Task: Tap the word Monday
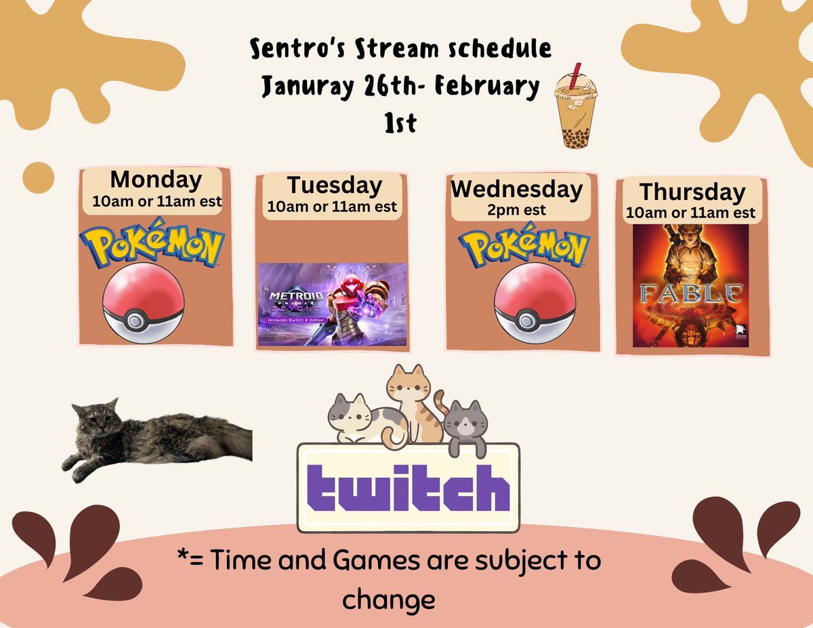pos(156,180)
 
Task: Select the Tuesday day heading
pos(334,185)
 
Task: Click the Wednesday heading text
pos(516,189)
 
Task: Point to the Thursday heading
pos(692,192)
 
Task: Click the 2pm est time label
pos(516,210)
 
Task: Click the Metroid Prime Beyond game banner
pos(332,304)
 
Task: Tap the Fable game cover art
pos(690,286)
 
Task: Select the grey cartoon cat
pos(466,424)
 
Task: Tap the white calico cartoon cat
pos(357,420)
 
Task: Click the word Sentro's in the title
pos(287,50)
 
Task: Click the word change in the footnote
pos(388,599)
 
